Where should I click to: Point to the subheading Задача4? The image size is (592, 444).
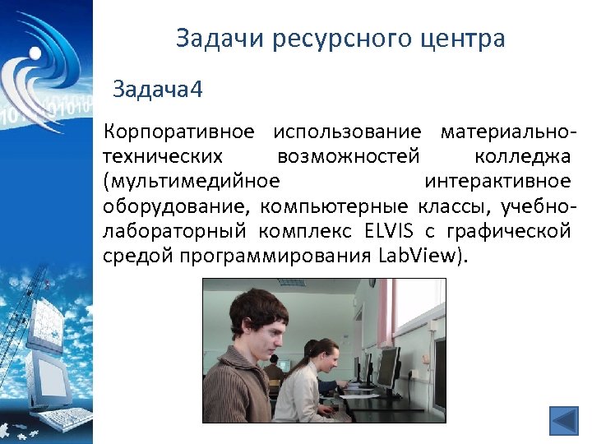[157, 88]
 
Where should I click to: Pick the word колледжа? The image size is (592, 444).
[521, 155]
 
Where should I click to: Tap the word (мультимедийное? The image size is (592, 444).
[192, 180]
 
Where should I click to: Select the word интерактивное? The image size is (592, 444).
[497, 180]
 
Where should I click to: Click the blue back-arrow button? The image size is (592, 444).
[564, 422]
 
